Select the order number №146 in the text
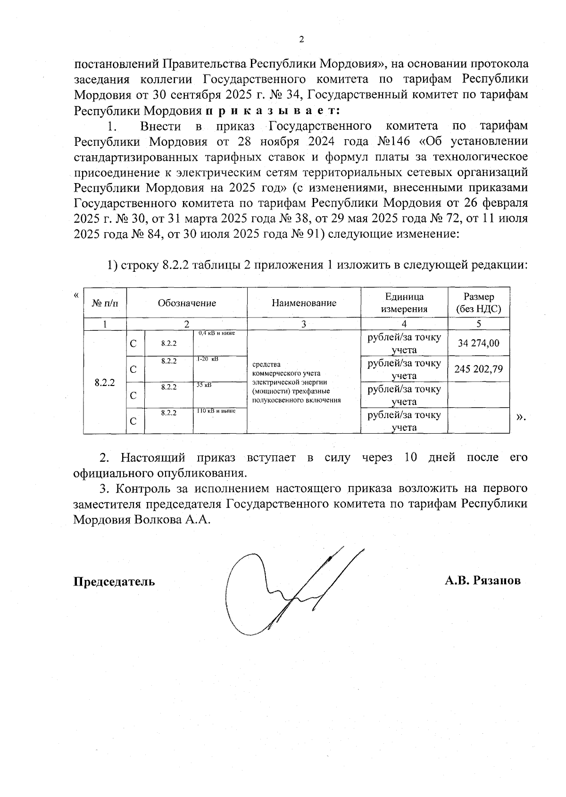394,142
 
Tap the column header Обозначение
187,303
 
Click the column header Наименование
304,303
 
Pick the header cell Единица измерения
404,303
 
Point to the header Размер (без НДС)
478,303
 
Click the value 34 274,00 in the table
478,343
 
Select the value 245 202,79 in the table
478,369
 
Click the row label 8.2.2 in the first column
105,382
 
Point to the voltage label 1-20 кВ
208,360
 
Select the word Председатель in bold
114,581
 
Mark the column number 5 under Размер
478,324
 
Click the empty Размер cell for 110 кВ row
478,420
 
